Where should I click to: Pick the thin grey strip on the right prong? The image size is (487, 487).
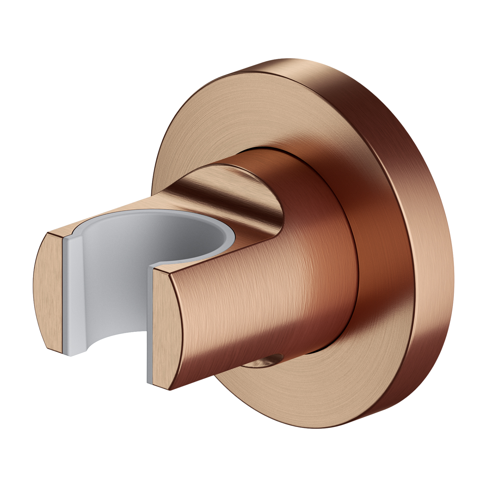point(150,325)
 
